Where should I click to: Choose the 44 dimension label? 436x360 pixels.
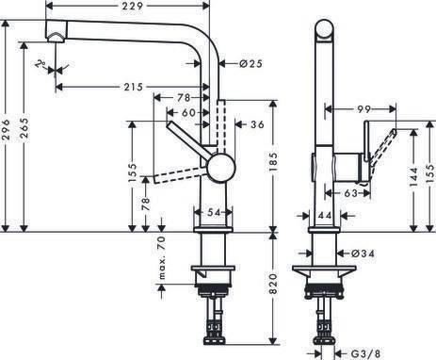[x=324, y=217]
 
